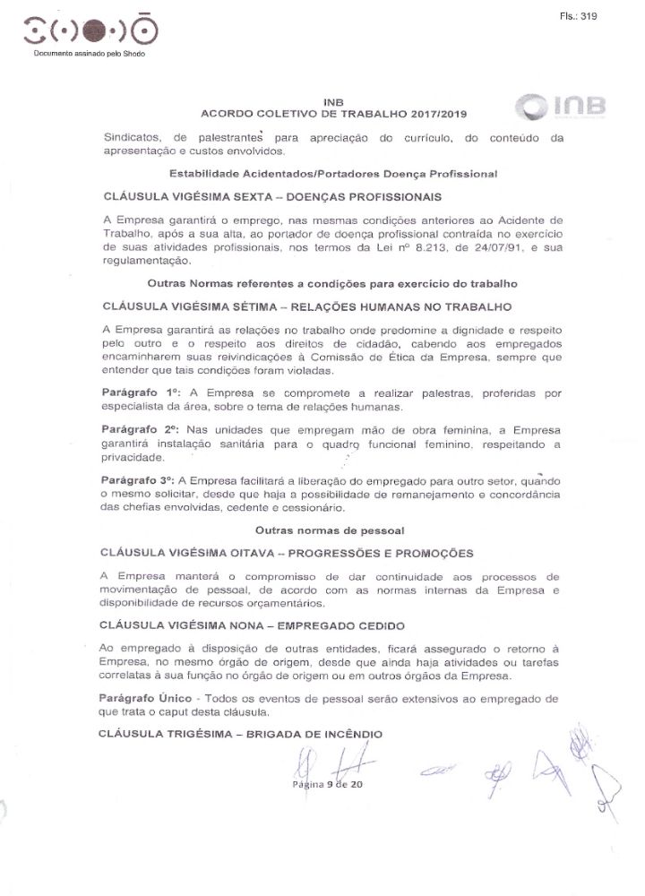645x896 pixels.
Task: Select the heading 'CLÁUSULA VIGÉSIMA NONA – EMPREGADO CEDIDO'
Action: coord(254,625)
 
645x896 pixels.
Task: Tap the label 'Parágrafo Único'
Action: coord(147,697)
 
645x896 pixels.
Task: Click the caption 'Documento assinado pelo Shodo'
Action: coord(89,55)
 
